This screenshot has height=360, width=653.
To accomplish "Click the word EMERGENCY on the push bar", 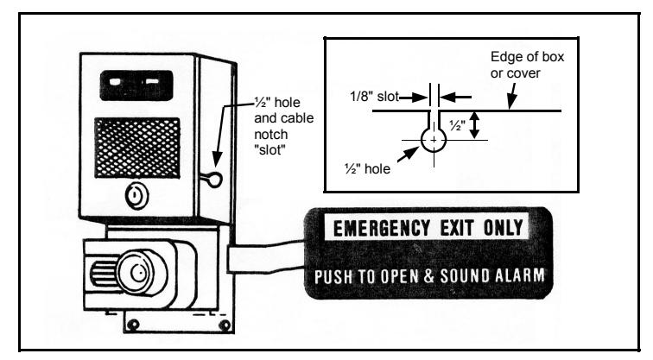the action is coord(382,228).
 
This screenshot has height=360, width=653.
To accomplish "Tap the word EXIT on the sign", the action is coord(457,228).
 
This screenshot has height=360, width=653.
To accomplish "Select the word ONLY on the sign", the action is coord(503,228).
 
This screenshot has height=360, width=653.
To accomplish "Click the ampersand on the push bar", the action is coord(428,276).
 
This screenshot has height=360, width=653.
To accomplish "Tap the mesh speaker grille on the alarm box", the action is coord(137,148).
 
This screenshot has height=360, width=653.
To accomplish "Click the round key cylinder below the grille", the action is coord(136,196).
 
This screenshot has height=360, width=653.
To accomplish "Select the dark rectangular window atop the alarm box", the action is coord(136,85).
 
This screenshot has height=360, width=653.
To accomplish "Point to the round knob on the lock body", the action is coord(140,274).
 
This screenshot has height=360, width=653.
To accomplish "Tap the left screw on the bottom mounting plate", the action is coord(133,325).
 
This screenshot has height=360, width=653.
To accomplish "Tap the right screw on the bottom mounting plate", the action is coord(225,325).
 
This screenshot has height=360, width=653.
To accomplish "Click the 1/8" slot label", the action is coord(374,97).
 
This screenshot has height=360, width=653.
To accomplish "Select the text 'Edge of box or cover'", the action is coord(527,65).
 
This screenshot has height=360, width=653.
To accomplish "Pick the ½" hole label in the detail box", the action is coord(367,168).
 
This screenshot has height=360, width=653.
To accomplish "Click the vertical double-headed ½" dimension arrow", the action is coord(474,125).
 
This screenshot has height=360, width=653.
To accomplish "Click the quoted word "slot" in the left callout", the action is coord(269,150).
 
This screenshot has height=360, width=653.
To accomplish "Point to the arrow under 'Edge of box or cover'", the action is coord(512,96).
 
